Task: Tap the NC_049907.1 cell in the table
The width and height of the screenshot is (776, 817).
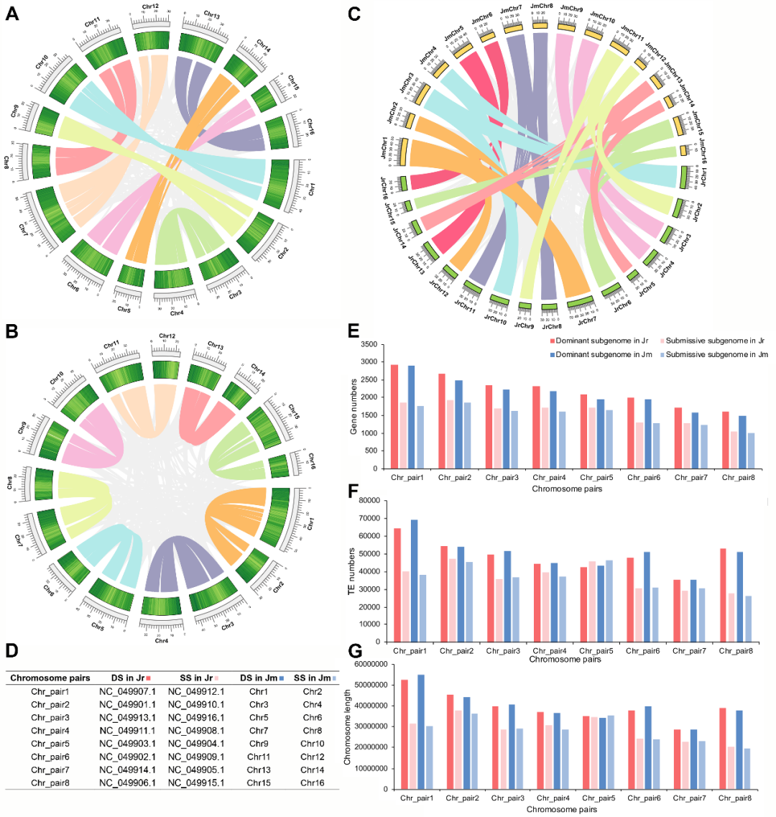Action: (x=127, y=692)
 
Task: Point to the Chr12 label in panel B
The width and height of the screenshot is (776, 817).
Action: (x=167, y=336)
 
